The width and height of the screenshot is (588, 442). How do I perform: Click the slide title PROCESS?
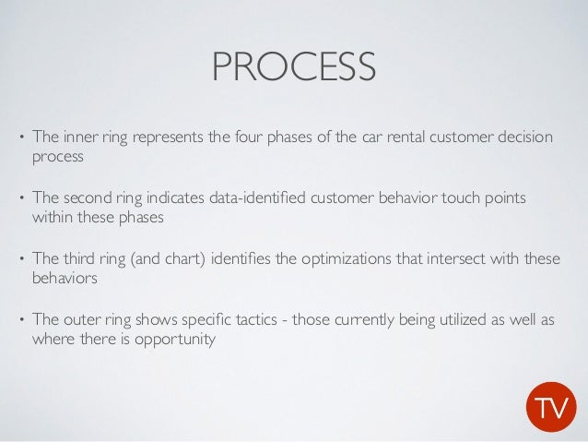[293, 66]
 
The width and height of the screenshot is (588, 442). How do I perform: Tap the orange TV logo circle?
[551, 407]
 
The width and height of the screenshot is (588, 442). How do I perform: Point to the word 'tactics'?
[251, 320]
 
